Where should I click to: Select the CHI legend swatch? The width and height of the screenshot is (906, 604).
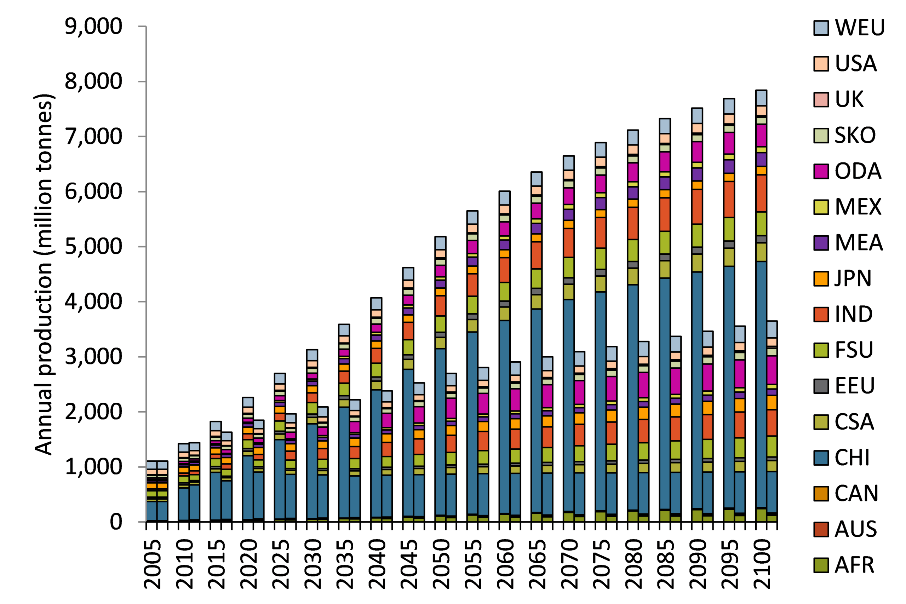pyautogui.click(x=821, y=458)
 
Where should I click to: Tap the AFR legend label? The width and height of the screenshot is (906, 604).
pyautogui.click(x=855, y=565)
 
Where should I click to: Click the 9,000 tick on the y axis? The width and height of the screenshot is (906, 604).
pyautogui.click(x=93, y=27)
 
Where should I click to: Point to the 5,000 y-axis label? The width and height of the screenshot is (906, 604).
pyautogui.click(x=93, y=247)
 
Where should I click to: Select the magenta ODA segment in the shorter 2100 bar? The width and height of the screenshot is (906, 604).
pyautogui.click(x=772, y=370)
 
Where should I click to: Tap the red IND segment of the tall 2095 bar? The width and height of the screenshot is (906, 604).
pyautogui.click(x=729, y=199)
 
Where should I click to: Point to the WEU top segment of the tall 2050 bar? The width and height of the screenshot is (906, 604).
pyautogui.click(x=440, y=243)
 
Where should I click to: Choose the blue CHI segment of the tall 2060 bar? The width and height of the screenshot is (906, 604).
pyautogui.click(x=505, y=416)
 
